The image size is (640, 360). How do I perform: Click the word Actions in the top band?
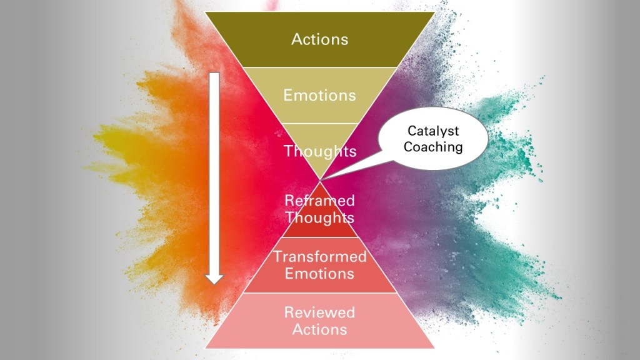tap(319, 39)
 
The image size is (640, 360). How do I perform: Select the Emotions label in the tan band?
tap(319, 95)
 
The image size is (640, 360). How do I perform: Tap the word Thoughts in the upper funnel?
tap(319, 151)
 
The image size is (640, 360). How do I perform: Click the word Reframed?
tap(319, 201)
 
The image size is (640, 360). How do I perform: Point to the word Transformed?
tap(319, 257)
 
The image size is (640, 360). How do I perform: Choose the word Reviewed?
tap(319, 312)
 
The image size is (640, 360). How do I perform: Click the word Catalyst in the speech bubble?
tap(433, 131)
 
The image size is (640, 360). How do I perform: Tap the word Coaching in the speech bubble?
tap(433, 147)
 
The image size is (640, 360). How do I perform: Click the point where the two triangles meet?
tap(320, 179)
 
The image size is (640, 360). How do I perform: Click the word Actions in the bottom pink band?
tap(319, 328)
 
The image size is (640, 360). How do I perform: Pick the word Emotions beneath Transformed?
tap(319, 273)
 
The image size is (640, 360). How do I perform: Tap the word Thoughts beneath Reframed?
tap(319, 217)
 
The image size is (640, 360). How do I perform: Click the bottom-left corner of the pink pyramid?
tap(207, 347)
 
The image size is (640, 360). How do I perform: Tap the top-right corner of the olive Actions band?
tap(434, 12)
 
